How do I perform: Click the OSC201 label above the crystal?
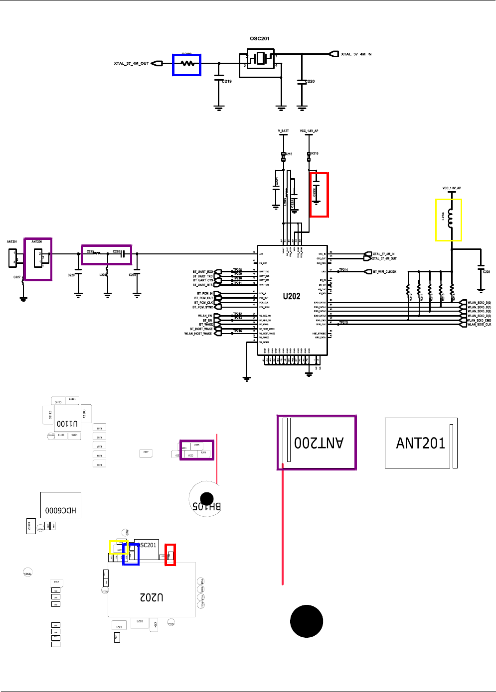[x=260, y=38]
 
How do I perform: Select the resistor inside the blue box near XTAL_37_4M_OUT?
[x=187, y=64]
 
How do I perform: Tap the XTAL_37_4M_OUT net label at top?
[x=131, y=64]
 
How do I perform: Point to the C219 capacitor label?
[x=227, y=81]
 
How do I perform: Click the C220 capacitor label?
[x=310, y=81]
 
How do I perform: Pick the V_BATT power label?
[x=283, y=131]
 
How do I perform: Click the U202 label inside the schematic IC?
[x=292, y=296]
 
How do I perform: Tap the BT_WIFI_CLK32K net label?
[x=384, y=272]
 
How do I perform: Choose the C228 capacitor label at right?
[x=486, y=272]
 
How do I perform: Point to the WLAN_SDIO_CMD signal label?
[x=479, y=321]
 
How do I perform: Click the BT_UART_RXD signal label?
[x=203, y=272]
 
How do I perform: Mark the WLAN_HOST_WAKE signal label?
[x=198, y=334]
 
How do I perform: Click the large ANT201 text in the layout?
[x=420, y=443]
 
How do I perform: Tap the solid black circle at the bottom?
[x=307, y=621]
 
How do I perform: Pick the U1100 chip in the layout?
[x=67, y=423]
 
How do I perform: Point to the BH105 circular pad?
[x=206, y=499]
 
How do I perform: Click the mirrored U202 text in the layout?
[x=152, y=597]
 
